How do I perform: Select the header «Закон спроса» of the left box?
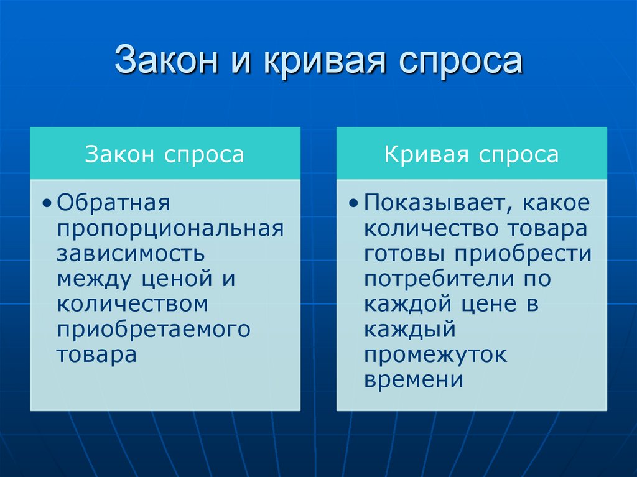coord(164,154)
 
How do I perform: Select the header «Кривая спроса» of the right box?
coord(471,154)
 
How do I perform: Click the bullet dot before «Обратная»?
coord(48,205)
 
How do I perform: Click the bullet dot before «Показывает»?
coord(355,205)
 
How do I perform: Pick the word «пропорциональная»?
coord(170,229)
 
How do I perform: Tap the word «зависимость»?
coord(131,254)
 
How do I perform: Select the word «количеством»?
coord(132,304)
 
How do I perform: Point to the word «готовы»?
coord(404,254)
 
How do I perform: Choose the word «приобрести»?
coord(521,254)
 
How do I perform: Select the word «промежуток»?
coord(435,355)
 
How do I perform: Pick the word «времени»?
coord(414,380)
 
